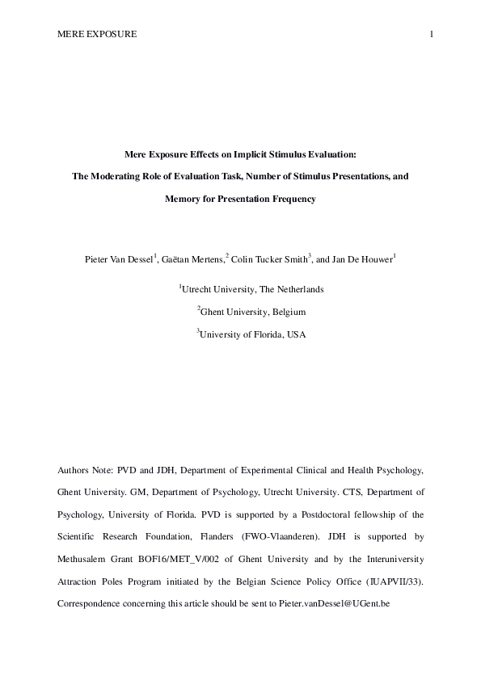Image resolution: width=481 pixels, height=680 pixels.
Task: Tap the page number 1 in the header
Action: (x=432, y=34)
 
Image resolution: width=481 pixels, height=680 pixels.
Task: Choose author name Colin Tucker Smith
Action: (x=268, y=258)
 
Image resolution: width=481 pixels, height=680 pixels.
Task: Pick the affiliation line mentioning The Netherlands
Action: (x=241, y=288)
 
